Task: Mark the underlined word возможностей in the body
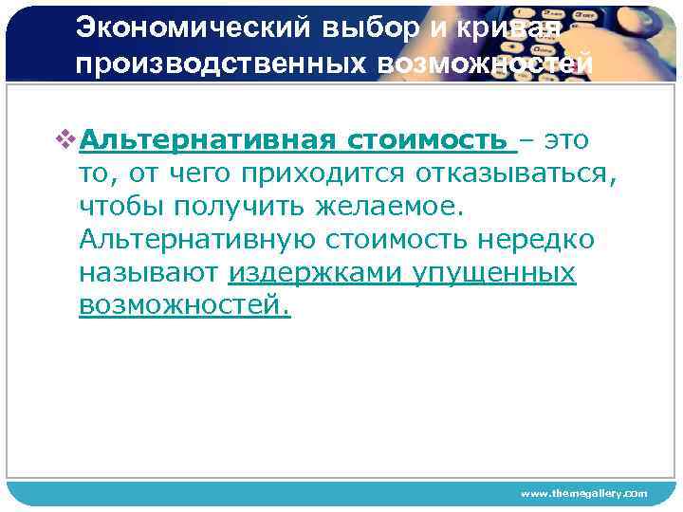pos(184,306)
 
